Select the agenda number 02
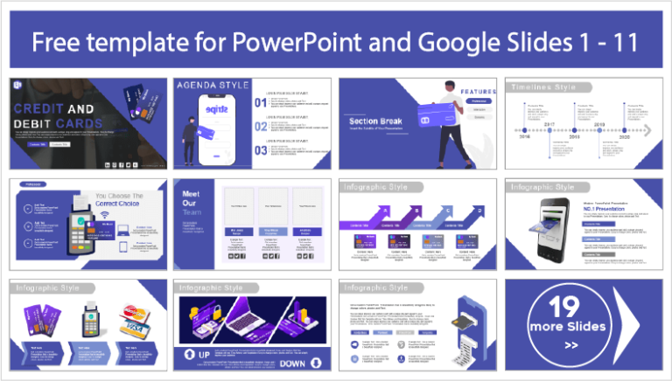260,126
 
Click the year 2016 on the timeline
525,137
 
